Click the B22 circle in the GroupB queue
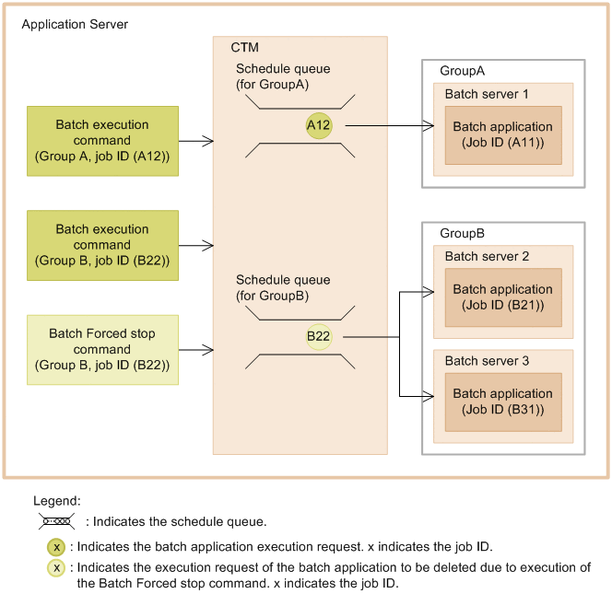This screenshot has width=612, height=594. [x=319, y=337]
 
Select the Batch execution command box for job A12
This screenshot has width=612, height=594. [x=102, y=141]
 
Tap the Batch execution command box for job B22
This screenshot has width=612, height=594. [x=102, y=245]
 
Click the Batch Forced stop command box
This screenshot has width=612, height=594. [x=102, y=350]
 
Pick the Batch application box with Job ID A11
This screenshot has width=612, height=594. [x=502, y=134]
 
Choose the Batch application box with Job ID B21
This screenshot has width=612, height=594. [x=502, y=297]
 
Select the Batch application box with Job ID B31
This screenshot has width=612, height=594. [x=502, y=402]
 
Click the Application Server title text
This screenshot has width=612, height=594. [x=75, y=24]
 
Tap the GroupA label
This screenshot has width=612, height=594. [x=462, y=71]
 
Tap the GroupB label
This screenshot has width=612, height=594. [x=462, y=233]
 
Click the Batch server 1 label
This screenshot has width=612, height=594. [x=487, y=94]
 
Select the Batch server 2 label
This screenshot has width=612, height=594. [x=487, y=257]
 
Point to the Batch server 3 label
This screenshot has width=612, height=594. [x=487, y=361]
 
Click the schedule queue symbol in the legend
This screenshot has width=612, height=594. [x=57, y=522]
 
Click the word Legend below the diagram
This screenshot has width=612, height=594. [x=57, y=501]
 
